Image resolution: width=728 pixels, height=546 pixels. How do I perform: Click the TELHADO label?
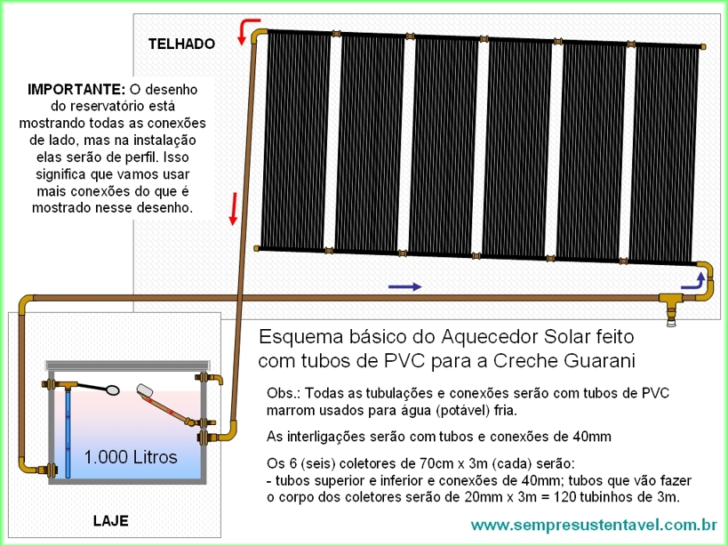pos(181,44)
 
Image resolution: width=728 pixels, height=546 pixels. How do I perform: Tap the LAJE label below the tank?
pos(110,520)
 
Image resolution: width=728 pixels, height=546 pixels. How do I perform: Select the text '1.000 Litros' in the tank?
pos(131,457)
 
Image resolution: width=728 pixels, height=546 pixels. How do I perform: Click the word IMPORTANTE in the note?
pos(76,89)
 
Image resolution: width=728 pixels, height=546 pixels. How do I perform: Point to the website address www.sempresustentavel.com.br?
pos(594,526)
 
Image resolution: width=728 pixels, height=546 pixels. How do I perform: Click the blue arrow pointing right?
pos(404,287)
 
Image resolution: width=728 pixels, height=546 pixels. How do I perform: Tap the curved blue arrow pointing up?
pos(693,281)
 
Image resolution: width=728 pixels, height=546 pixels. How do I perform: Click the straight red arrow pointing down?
pos(234,209)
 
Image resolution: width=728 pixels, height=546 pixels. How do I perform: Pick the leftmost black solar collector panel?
pos(295,141)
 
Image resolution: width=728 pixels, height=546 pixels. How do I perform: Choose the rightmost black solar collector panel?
pos(664,153)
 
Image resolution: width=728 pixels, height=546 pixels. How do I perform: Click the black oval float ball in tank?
pos(112,389)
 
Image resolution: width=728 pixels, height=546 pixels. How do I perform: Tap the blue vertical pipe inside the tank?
pos(68,433)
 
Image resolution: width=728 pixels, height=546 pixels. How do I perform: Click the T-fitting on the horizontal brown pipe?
pos(671,305)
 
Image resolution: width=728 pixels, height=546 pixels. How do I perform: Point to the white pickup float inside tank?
pos(144,390)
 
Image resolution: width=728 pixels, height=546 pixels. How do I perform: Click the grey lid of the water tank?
pos(128,365)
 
